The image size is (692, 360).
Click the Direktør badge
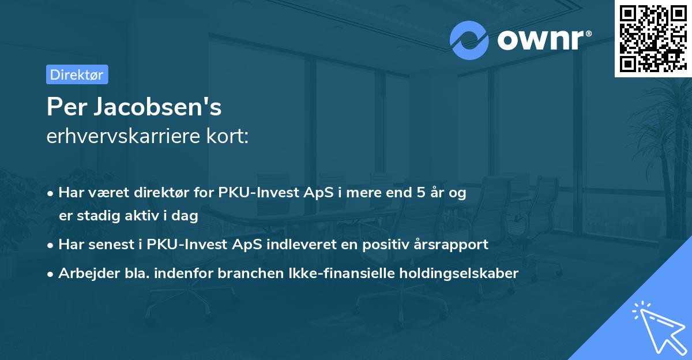click(77, 74)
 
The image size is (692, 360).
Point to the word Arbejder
click(84, 273)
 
